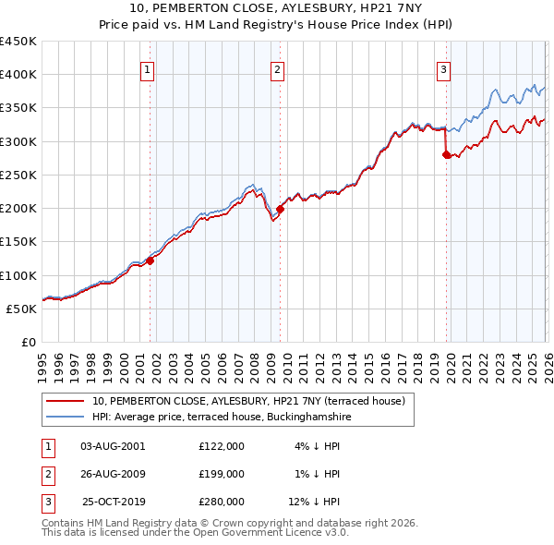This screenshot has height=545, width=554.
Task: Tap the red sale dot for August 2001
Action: point(150,260)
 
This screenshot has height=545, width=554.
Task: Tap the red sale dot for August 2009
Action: point(280,209)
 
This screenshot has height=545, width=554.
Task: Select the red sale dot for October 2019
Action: point(447,155)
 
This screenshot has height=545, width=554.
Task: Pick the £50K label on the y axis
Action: point(22,309)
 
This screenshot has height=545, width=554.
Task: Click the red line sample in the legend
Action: point(66,401)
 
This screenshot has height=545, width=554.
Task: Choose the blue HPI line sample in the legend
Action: point(66,417)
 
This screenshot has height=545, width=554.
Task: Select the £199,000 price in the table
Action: point(222,474)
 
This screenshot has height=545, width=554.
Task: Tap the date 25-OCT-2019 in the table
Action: point(113,502)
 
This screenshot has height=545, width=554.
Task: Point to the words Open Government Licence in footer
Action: point(276,532)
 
